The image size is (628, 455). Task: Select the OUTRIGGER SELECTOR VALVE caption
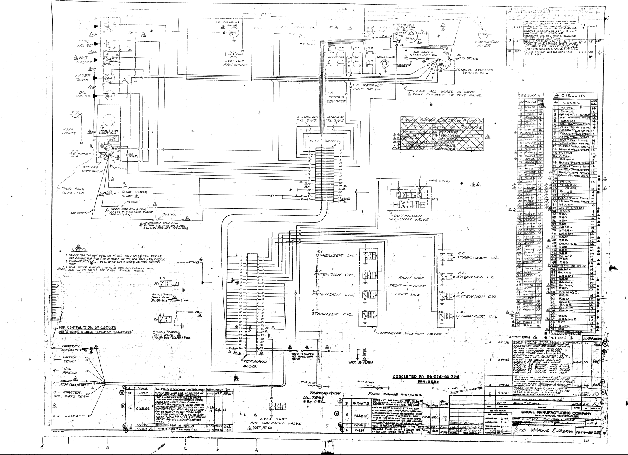[409, 218]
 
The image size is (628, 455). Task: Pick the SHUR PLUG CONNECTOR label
[74, 190]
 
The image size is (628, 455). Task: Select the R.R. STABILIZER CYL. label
[478, 257]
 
